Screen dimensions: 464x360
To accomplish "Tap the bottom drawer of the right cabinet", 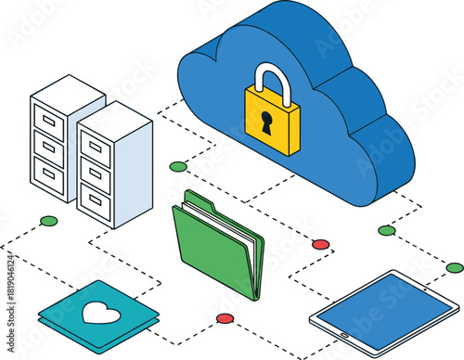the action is tap(95, 198).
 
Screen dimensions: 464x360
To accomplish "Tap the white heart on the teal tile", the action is tap(100, 313).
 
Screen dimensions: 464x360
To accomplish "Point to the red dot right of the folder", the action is tap(321, 244).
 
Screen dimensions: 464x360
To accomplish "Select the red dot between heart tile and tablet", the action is tap(225, 318).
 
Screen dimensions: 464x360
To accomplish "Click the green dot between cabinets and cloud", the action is tap(178, 166).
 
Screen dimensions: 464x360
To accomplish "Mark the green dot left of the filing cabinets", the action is tap(49, 221).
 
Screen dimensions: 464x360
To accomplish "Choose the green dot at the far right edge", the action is tap(455, 268).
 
